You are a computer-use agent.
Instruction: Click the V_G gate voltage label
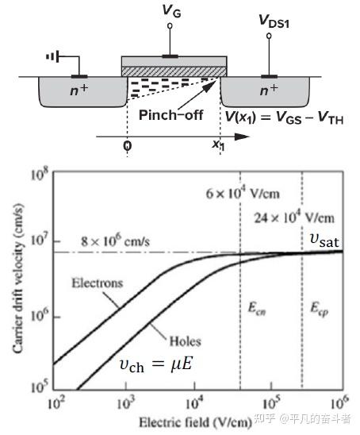click(171, 11)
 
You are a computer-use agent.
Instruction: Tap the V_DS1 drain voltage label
click(274, 21)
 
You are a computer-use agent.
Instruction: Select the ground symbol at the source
click(52, 57)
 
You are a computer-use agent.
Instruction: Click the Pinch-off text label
click(171, 115)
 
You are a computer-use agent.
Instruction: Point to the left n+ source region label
click(79, 90)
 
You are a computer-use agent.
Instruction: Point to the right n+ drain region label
click(269, 90)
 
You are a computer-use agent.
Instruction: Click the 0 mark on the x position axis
click(127, 145)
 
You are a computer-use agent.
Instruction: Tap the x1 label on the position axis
click(218, 144)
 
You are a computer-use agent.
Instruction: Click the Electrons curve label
click(98, 283)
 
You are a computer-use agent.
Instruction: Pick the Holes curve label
click(185, 341)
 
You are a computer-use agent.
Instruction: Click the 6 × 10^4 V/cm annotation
click(243, 193)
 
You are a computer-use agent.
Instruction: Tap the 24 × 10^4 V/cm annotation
click(294, 217)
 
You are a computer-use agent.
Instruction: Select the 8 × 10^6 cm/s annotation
click(115, 241)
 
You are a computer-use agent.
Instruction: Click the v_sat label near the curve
click(324, 241)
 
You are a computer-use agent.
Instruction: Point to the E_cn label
click(257, 308)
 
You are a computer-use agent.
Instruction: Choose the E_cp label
click(320, 309)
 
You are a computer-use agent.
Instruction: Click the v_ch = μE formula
click(155, 364)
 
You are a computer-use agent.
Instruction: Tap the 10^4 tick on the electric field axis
click(195, 403)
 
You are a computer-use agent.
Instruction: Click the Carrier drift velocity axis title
click(17, 279)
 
